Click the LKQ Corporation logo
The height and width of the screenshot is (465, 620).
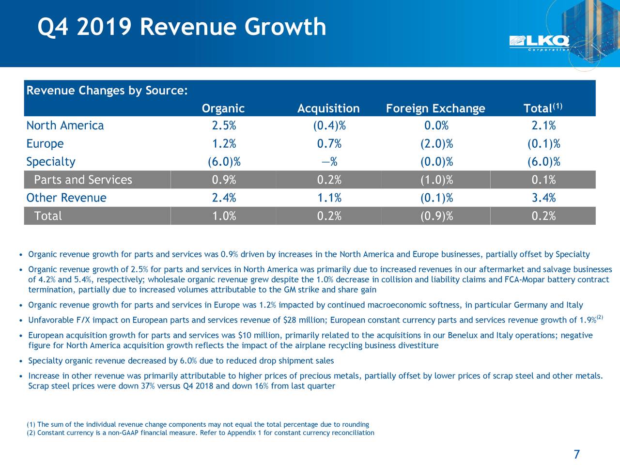point(539,43)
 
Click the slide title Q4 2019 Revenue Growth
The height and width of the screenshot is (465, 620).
point(182,27)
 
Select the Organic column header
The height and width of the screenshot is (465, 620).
point(223,108)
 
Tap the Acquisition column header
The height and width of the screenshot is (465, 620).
point(328,108)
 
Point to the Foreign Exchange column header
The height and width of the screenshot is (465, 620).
point(435,108)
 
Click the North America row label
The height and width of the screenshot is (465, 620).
point(65,126)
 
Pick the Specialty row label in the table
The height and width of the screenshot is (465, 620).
point(51,162)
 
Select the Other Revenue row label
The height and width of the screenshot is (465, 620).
point(66,198)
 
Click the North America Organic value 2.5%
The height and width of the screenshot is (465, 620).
point(224,126)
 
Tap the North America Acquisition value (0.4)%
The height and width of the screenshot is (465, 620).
point(329,126)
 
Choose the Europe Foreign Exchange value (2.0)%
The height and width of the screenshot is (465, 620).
point(436,144)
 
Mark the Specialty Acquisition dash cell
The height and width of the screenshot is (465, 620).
point(329,162)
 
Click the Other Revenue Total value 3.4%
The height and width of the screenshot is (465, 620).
point(543,198)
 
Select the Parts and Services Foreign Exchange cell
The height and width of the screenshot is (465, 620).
point(436,180)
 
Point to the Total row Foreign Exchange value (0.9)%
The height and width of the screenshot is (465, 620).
point(436,216)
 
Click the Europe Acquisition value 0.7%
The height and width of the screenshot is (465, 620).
point(329,144)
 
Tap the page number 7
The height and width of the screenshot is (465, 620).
point(576,454)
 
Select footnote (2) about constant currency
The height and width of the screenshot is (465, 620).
point(201,433)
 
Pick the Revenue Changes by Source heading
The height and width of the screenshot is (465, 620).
point(107,91)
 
